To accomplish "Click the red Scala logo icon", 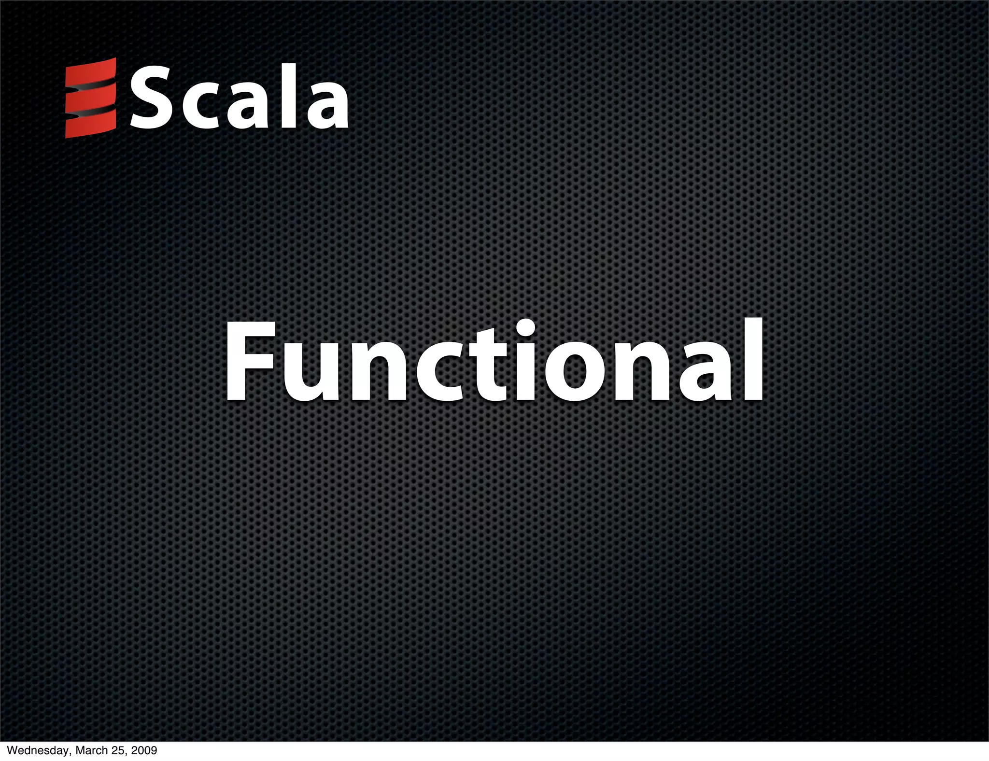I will pyautogui.click(x=91, y=98).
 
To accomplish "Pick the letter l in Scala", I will pyautogui.click(x=288, y=97).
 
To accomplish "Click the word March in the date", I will pyautogui.click(x=90, y=751).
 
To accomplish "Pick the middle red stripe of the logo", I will pyautogui.click(x=91, y=99).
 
